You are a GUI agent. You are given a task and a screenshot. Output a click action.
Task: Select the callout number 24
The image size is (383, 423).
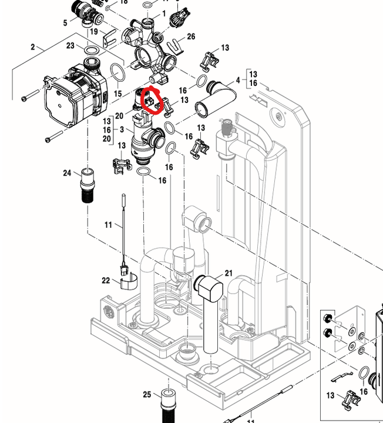coord(68,173)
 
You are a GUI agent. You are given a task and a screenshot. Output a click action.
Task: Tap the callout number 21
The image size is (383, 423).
coord(229,273)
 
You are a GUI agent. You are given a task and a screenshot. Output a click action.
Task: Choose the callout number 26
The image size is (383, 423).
coord(191,36)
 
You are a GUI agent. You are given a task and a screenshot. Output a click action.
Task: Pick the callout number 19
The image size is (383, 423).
coord(93,32)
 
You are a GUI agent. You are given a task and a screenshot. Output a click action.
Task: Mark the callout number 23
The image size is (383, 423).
coord(70,45)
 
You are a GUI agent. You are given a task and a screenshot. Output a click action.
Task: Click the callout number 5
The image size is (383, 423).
coord(65,23)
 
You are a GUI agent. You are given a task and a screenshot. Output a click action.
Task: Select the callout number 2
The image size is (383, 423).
coord(33,46)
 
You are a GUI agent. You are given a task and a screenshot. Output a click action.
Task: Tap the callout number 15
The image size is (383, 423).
coord(117,94)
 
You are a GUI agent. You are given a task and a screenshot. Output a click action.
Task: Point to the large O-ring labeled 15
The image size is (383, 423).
coord(117,74)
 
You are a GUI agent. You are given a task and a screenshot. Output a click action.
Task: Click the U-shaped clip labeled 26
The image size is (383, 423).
coord(174,44)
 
